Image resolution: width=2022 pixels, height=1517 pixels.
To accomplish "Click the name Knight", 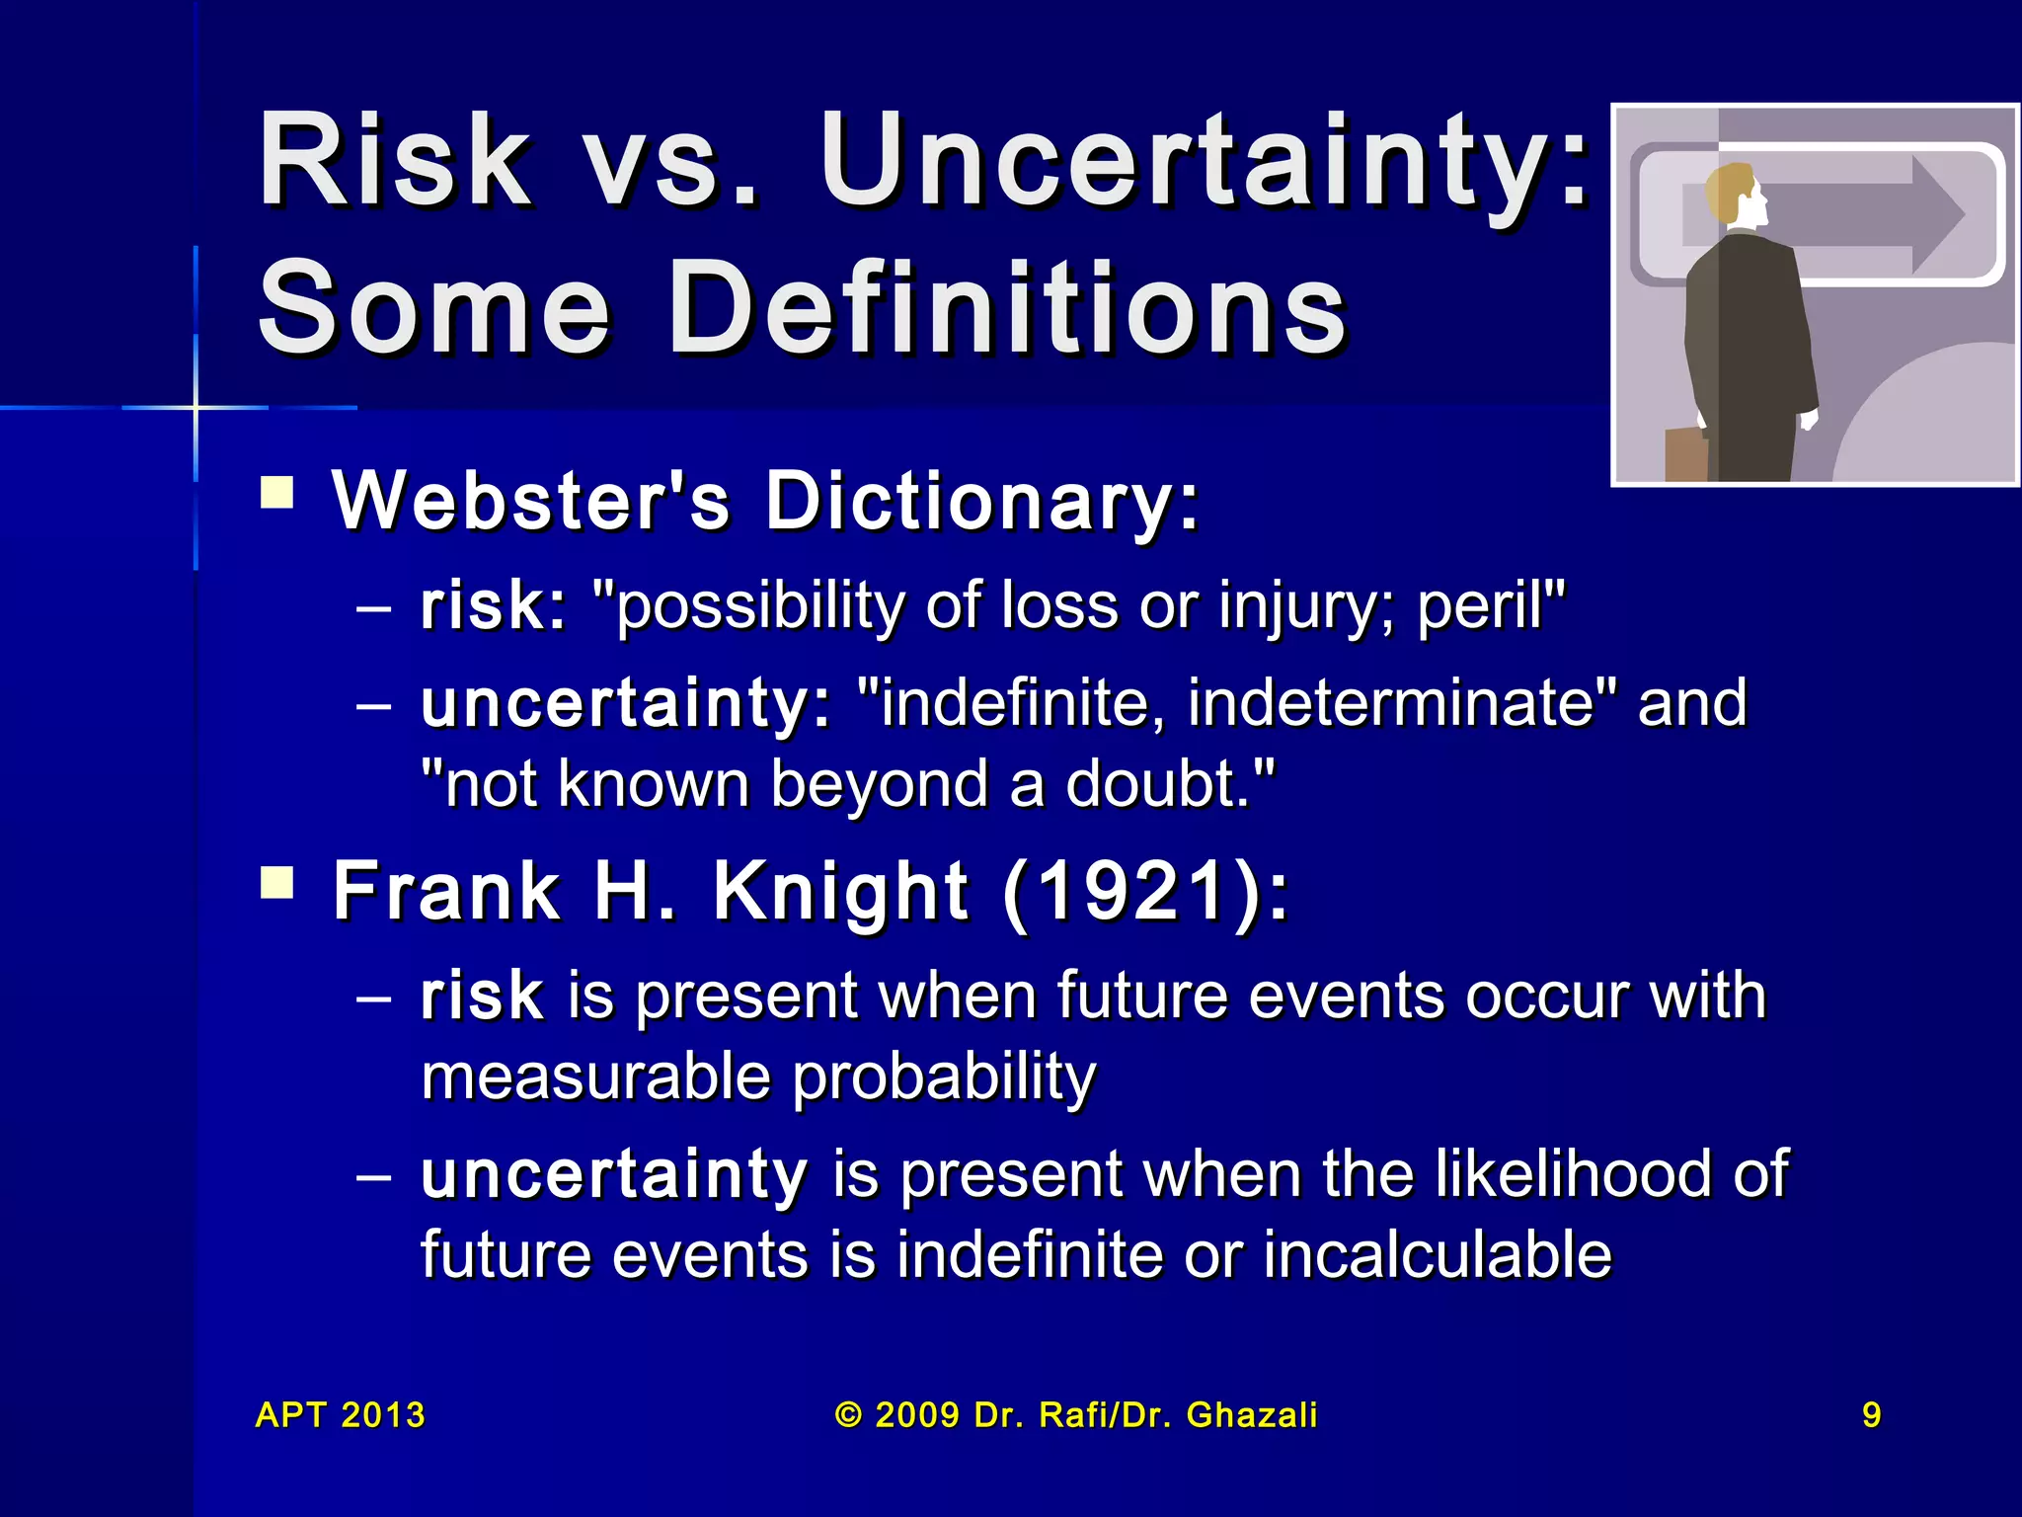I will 839,891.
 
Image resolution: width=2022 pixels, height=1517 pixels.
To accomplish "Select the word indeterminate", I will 1390,702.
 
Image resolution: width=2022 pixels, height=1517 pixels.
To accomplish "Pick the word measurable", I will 594,1076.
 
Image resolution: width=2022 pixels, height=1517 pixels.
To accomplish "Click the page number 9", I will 1871,1415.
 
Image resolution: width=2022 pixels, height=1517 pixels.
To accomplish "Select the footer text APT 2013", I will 341,1415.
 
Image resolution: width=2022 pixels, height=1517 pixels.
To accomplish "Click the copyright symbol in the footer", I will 848,1415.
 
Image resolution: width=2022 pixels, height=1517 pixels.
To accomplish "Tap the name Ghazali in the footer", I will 1252,1415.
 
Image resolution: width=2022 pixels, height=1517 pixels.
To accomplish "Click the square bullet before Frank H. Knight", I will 277,882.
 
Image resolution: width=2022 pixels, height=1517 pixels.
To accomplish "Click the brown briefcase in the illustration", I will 1685,455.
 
